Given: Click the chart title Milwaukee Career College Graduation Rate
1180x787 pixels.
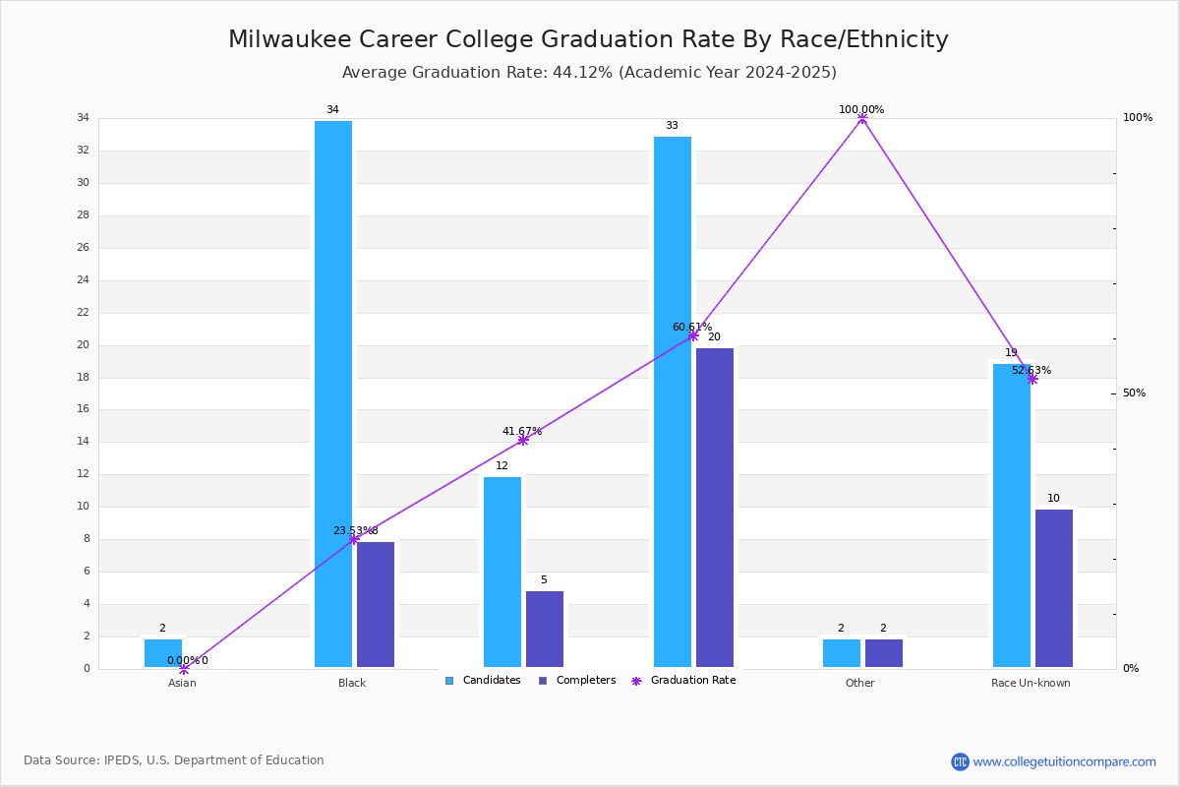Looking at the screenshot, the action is [588, 39].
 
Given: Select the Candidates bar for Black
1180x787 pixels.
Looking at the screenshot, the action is [333, 393].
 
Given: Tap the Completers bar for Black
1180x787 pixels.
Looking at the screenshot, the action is [376, 605].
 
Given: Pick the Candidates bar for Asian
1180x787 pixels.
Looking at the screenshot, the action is [163, 653].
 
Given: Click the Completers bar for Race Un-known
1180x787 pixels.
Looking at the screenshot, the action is [1053, 588].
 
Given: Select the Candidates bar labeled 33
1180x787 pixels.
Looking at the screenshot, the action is [673, 401].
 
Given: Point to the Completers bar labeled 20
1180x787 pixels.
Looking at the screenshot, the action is [714, 508].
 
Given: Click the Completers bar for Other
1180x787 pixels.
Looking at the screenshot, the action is [883, 653].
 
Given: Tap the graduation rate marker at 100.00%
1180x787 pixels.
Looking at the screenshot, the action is [861, 118].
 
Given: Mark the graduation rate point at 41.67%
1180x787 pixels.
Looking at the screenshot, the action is [522, 440].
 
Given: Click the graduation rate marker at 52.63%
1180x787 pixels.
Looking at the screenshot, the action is [1032, 379].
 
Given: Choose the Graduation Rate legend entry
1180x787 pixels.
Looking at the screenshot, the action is [683, 681].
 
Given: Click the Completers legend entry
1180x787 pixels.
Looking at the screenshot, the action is [577, 681].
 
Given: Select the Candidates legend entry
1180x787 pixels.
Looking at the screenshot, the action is [483, 681].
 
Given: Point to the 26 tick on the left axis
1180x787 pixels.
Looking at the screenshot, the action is [84, 247].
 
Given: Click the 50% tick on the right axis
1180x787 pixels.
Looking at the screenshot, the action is [1134, 393].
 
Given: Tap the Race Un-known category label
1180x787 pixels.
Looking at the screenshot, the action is [1031, 683].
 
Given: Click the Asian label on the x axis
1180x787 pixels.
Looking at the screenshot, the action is [182, 683].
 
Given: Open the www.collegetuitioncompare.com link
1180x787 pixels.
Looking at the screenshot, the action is [1064, 761].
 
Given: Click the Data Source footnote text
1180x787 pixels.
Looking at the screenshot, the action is [174, 760].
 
